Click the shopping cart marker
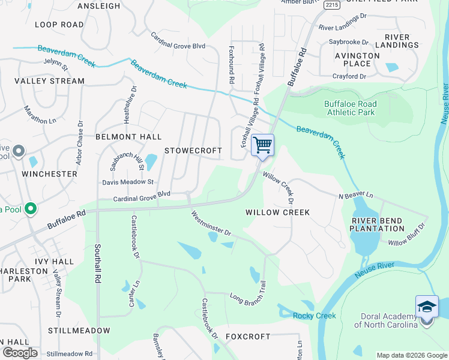pos(262,145)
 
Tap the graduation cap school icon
pos(427,307)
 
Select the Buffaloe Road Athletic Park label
pos(350,108)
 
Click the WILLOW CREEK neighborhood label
pos(278,212)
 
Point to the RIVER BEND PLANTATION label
pos(378,224)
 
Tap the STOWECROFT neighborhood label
pos(193,151)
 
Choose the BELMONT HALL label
pos(128,137)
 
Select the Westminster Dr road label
pos(211,223)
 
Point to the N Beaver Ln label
pos(355,196)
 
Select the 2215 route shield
pos(332,5)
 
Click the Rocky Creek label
pos(310,316)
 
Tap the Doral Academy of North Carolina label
pos(386,321)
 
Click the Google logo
pos(20,353)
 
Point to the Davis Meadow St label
pos(128,182)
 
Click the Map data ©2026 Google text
pos(411,355)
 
